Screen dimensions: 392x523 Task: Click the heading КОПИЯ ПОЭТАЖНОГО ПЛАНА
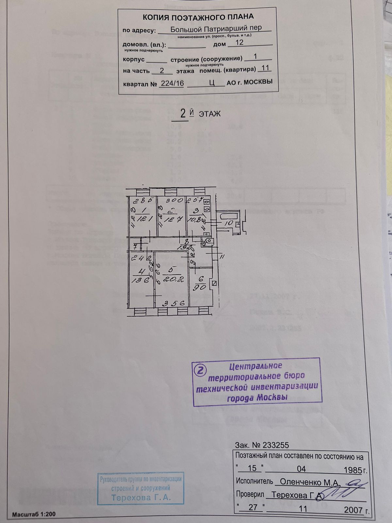click(198, 17)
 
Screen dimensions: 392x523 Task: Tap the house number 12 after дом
click(239, 42)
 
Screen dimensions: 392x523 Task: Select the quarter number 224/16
click(172, 83)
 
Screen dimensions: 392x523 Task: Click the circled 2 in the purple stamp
click(200, 370)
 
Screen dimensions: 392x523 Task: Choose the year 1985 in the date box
click(353, 470)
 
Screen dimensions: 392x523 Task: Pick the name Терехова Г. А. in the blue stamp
click(141, 498)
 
